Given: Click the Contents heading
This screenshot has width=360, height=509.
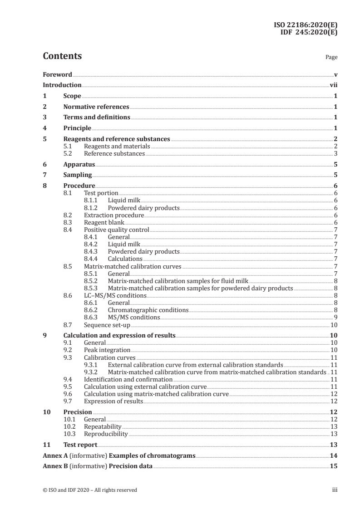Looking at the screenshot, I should coord(62,56).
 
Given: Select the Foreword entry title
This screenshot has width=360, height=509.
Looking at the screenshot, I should coord(57,74).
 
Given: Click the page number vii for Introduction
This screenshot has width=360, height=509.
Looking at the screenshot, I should coord(333,85).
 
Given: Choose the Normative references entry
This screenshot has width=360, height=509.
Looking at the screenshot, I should coord(96,107).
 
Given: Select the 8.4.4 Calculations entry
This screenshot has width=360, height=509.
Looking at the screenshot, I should coord(125,259).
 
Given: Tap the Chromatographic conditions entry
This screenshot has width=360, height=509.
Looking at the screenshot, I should coord(148,310).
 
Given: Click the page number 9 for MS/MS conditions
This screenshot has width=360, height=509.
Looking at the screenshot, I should coord(335,317).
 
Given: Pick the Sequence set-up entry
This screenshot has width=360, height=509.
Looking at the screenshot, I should coord(107,325).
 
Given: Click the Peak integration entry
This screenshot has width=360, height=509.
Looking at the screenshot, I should coord(107,350).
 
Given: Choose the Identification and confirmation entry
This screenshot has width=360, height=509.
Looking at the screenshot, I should coord(128,379).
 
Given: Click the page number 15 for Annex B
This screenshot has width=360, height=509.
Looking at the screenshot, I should coord(334,466).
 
